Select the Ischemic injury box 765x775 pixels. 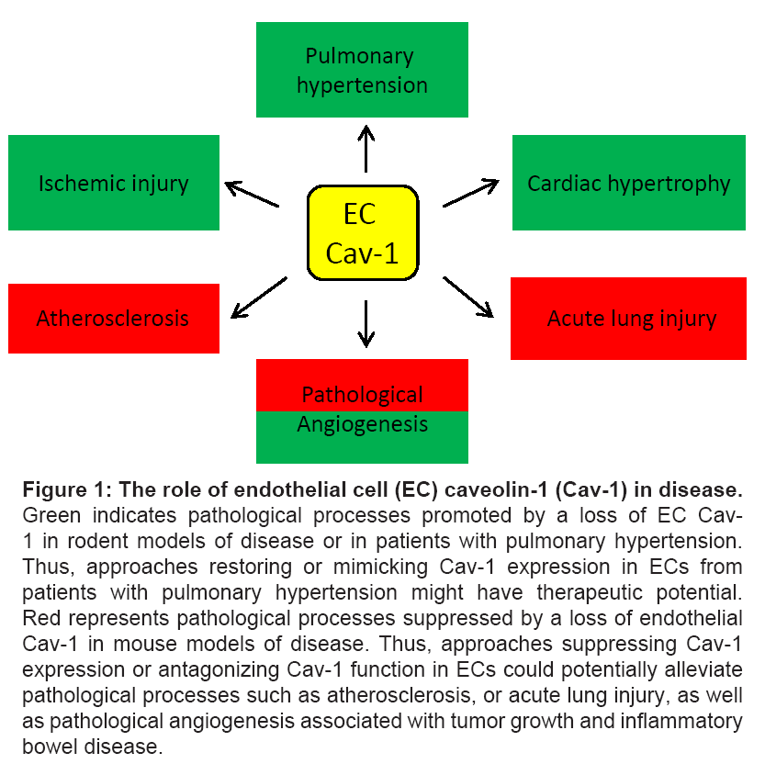[x=114, y=183]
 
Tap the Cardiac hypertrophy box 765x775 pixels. [x=628, y=183]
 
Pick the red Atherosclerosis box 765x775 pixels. [x=114, y=319]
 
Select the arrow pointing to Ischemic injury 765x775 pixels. [x=253, y=194]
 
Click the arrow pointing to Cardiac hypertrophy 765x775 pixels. [x=470, y=193]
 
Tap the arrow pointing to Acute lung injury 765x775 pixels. [x=468, y=296]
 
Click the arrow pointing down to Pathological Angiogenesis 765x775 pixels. [x=366, y=323]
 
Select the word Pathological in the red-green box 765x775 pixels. [x=362, y=396]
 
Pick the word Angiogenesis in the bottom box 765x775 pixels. [x=362, y=425]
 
